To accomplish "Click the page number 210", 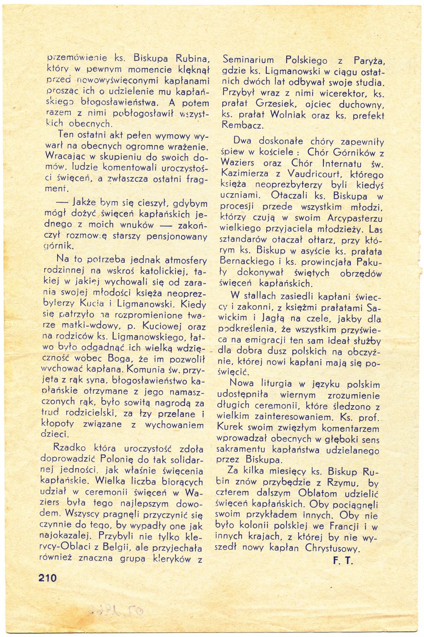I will pyautogui.click(x=48, y=578).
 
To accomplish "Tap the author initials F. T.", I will pyautogui.click(x=342, y=561).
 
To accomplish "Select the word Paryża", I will pyautogui.click(x=370, y=61).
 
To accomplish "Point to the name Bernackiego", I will pyautogui.click(x=247, y=262).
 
